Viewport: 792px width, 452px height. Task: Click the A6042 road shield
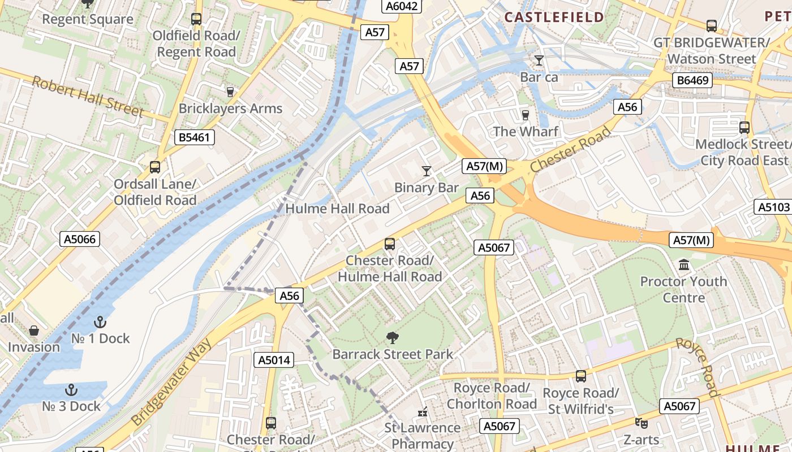point(402,6)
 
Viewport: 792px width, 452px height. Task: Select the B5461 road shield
point(194,137)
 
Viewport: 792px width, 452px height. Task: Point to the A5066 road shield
point(80,239)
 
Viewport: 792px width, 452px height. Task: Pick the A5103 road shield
point(773,207)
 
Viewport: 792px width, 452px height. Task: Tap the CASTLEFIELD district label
point(554,17)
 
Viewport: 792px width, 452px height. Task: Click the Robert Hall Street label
point(88,96)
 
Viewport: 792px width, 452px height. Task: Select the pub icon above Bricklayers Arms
point(230,92)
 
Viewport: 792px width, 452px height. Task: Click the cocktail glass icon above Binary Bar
point(427,171)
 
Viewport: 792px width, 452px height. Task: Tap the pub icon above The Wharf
point(526,115)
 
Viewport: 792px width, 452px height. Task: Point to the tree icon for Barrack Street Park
point(392,338)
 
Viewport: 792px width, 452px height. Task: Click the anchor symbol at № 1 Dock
point(100,322)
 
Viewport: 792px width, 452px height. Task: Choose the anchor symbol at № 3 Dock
point(71,390)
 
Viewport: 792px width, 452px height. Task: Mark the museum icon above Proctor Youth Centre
point(683,264)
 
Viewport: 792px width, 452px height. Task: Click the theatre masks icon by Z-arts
point(641,423)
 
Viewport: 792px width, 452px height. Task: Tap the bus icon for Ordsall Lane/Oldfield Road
point(155,167)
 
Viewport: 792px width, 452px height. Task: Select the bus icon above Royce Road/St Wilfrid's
point(580,376)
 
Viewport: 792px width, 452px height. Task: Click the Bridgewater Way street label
point(171,383)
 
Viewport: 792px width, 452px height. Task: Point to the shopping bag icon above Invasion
point(34,331)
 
